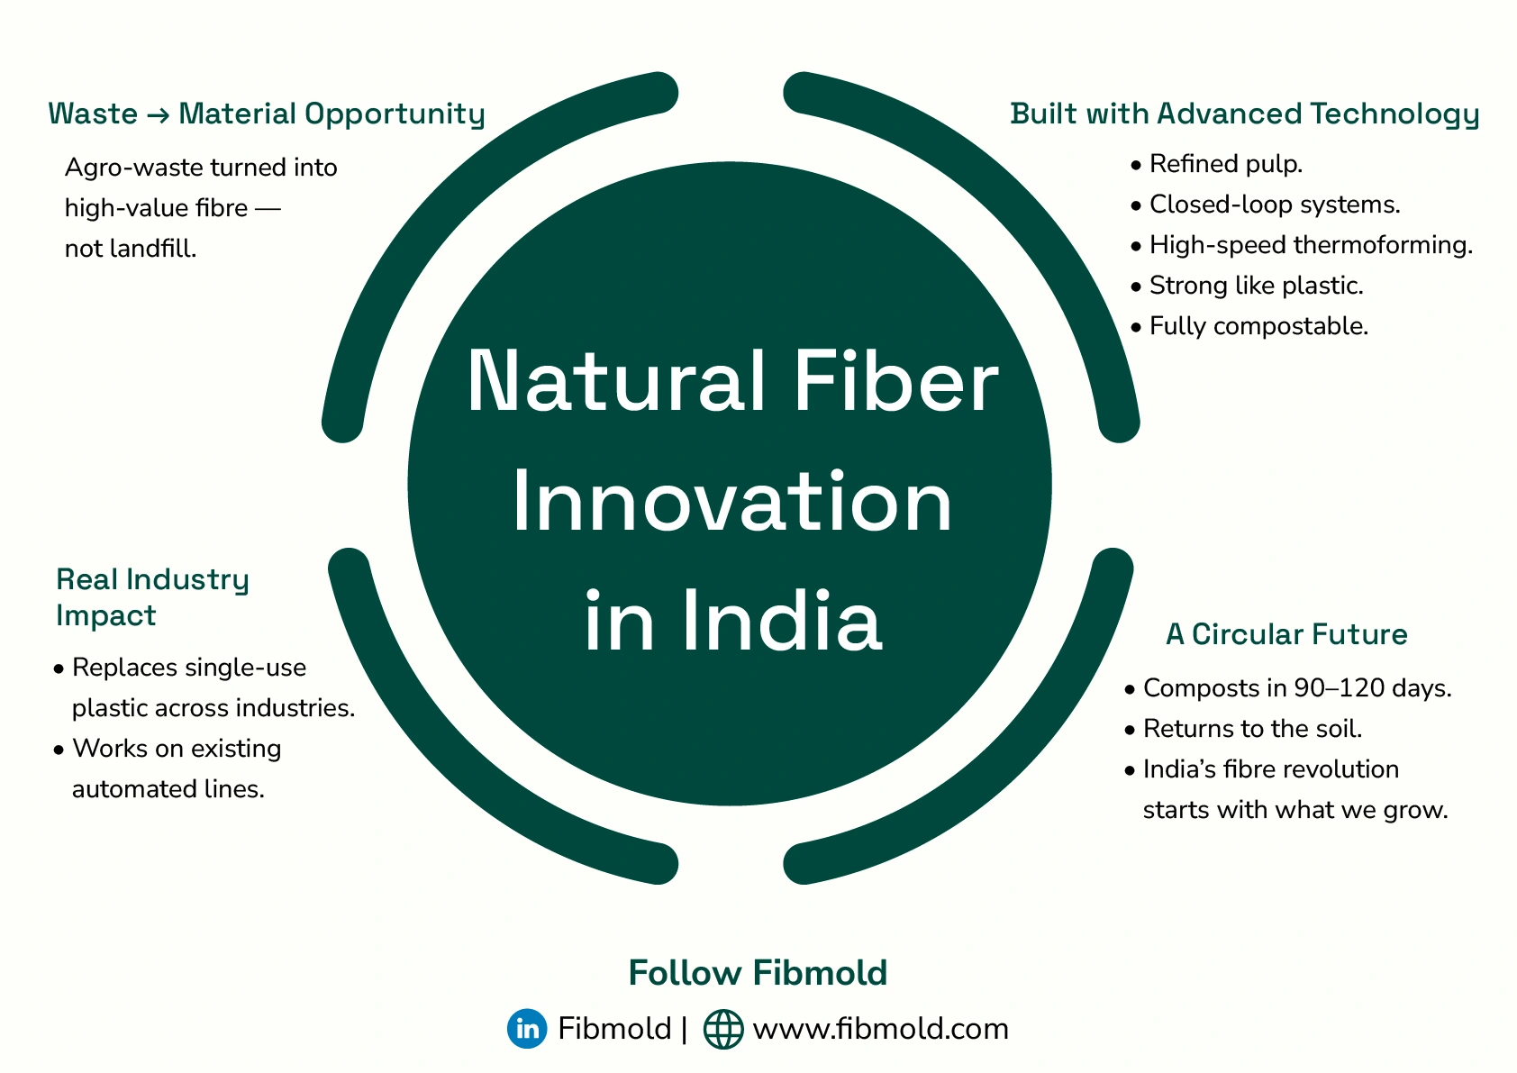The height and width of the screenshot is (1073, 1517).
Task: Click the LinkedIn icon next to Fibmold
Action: pyautogui.click(x=527, y=1028)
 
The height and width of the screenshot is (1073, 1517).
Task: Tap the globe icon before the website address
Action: pyautogui.click(x=722, y=1029)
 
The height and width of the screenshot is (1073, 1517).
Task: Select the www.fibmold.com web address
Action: pyautogui.click(x=880, y=1028)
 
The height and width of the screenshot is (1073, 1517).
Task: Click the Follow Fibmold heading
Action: pyautogui.click(x=758, y=973)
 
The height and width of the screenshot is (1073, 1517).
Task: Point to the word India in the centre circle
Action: pyautogui.click(x=781, y=621)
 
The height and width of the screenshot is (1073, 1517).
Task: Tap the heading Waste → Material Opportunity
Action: pyautogui.click(x=266, y=114)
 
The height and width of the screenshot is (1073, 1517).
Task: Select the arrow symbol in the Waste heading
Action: pyautogui.click(x=158, y=114)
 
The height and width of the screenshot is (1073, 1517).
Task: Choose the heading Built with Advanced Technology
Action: pyautogui.click(x=1244, y=114)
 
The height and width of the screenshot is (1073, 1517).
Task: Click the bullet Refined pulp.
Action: pyautogui.click(x=1225, y=164)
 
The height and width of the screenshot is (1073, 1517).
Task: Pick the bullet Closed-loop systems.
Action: pyautogui.click(x=1274, y=205)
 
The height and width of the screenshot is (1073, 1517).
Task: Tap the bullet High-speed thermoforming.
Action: pyautogui.click(x=1310, y=245)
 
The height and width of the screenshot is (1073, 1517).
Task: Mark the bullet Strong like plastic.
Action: pyautogui.click(x=1256, y=286)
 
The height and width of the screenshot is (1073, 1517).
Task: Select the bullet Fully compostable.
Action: pyautogui.click(x=1258, y=326)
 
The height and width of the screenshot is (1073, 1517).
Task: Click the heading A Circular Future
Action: pyautogui.click(x=1286, y=634)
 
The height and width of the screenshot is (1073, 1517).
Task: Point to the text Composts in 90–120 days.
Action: pyautogui.click(x=1296, y=688)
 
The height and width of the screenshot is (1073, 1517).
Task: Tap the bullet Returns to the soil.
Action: pyautogui.click(x=1252, y=728)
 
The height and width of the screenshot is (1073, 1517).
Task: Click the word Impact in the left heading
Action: pyautogui.click(x=105, y=615)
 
